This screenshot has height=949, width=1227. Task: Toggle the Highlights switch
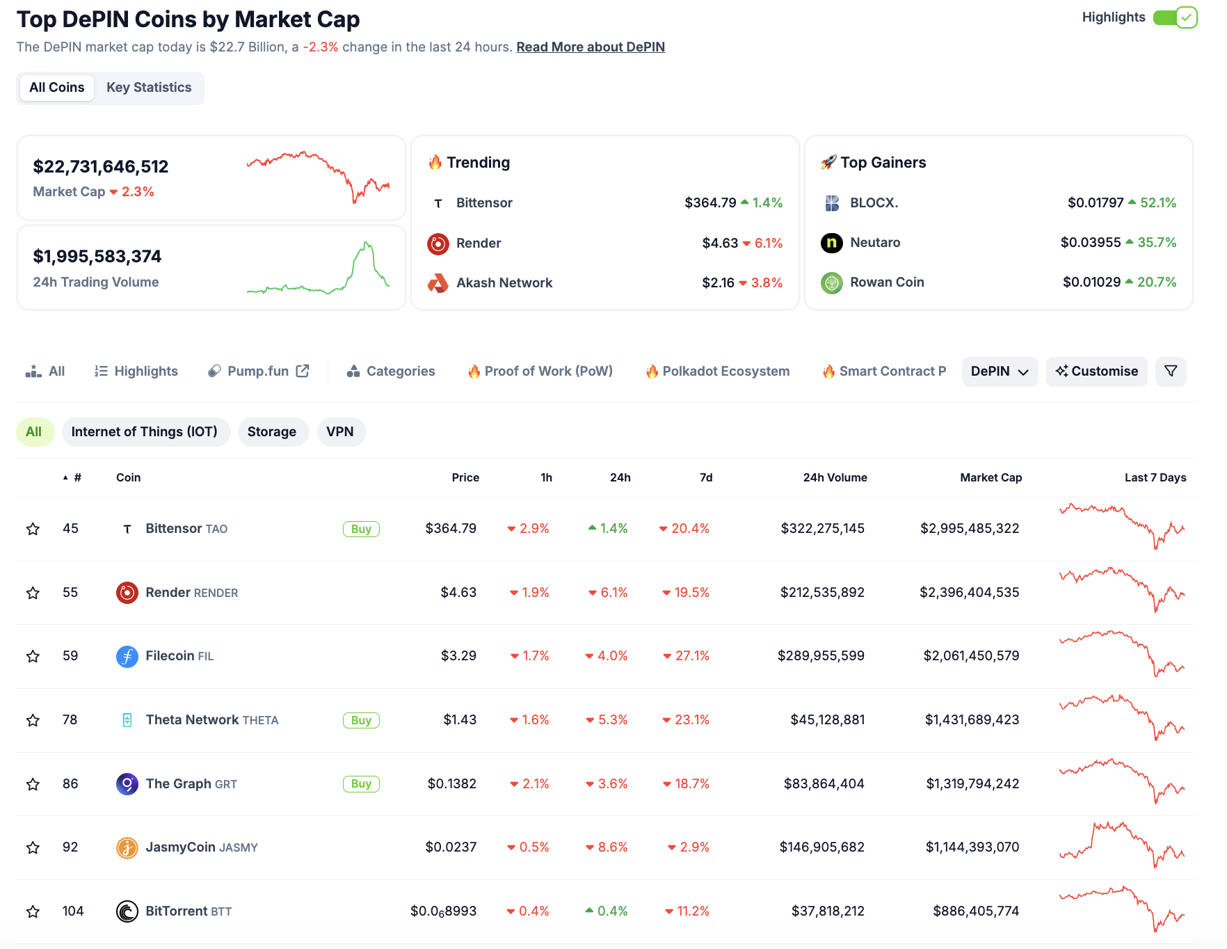click(1174, 17)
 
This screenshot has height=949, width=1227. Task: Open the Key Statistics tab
click(149, 88)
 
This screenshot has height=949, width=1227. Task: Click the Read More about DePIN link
click(591, 47)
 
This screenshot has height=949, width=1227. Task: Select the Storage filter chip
click(272, 432)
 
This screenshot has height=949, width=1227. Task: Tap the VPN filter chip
click(340, 432)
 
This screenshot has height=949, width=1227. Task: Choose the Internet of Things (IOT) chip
click(145, 432)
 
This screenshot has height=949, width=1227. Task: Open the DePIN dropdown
click(999, 372)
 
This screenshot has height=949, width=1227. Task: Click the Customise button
click(1096, 372)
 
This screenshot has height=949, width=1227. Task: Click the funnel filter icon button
click(1171, 372)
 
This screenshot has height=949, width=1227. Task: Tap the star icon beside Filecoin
click(33, 656)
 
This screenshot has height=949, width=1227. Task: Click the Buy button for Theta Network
click(361, 720)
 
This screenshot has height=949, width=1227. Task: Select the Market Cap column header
click(991, 477)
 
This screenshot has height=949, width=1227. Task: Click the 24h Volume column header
click(835, 477)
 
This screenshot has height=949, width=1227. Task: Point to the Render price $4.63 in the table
click(458, 593)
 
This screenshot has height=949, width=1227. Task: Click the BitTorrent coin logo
click(127, 911)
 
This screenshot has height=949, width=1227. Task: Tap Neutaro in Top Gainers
click(875, 243)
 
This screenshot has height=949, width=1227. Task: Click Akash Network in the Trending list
click(504, 283)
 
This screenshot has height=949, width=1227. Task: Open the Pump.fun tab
click(258, 372)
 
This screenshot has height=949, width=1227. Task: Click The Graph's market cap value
click(972, 784)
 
